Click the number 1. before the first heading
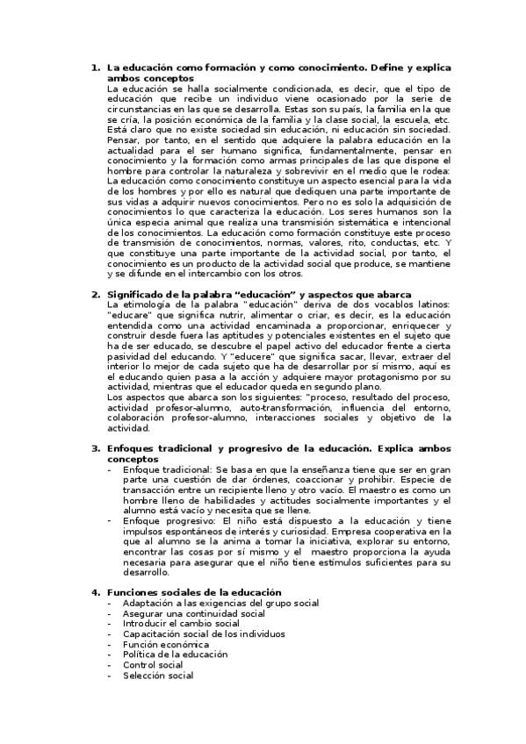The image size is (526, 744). coord(96,67)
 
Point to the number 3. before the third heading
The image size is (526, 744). coord(96,448)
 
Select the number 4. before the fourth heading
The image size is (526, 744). coord(96,592)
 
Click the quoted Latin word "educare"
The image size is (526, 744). coord(127,312)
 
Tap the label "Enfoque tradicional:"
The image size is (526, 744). coord(169,470)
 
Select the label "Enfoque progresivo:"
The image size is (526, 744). coord(168,520)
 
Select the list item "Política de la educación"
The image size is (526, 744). coord(175,654)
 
